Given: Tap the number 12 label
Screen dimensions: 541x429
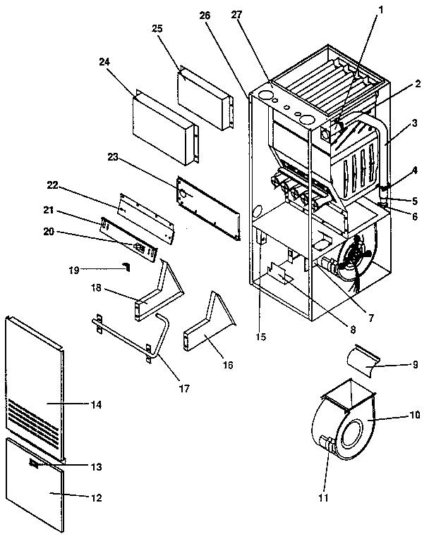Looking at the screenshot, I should [97, 498].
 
